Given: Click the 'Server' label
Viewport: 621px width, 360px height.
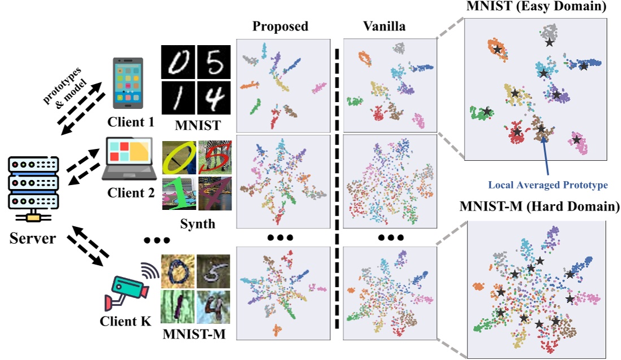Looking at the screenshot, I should tap(32, 239).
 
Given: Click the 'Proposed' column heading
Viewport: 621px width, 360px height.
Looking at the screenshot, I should tap(280, 27).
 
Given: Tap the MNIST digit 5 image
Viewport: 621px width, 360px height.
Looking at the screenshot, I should tap(211, 62).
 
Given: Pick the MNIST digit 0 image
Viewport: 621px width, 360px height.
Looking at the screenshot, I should tap(178, 62).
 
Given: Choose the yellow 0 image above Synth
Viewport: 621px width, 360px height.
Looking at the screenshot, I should tap(179, 157).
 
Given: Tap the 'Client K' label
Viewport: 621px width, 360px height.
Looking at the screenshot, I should tap(125, 322).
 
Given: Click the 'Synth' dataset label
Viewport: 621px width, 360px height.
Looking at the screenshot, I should tap(198, 224).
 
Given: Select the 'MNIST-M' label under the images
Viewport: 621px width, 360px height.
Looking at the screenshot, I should tap(194, 333).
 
